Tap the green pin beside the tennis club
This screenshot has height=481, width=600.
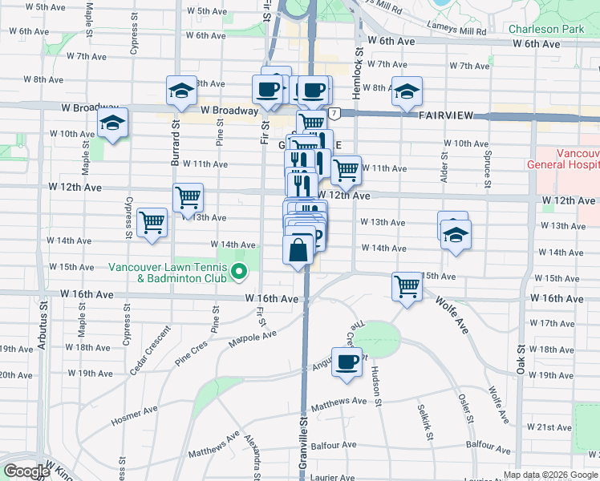[238, 273]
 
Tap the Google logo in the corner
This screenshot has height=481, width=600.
[26, 471]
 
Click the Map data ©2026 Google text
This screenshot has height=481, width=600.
[550, 475]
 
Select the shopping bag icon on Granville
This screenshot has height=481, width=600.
[298, 249]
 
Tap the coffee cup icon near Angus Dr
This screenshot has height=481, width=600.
[347, 362]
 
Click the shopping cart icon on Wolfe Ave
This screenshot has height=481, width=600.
[407, 286]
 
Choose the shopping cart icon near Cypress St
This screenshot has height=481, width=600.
[152, 222]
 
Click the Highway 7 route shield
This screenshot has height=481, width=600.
[332, 114]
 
